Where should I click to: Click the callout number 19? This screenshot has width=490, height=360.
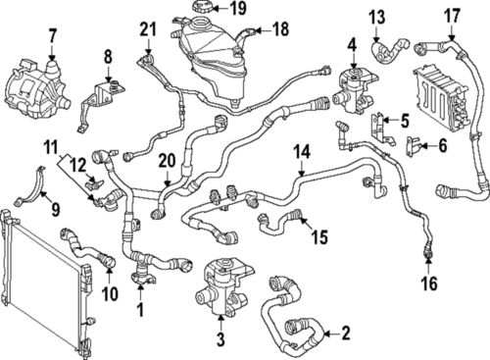[x=238, y=9]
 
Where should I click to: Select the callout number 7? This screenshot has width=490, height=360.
[x=53, y=36]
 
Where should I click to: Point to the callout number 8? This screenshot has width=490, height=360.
[x=108, y=57]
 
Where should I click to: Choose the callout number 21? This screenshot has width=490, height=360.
[x=149, y=29]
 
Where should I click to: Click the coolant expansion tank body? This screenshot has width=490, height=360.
[x=213, y=61]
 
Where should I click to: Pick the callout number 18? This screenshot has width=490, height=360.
[x=280, y=29]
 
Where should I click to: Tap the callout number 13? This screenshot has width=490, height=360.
[x=377, y=17]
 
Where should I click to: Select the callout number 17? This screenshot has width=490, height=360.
[x=453, y=16]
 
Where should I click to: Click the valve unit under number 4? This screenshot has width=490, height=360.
[x=355, y=91]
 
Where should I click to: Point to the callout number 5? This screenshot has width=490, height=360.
[x=405, y=121]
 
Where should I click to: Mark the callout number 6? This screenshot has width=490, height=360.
[x=443, y=145]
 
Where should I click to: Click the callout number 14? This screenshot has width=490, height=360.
[x=302, y=152]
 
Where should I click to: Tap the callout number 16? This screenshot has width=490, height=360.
[x=429, y=283]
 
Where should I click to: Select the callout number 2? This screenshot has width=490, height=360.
[x=345, y=334]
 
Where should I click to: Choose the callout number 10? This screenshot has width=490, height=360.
[x=110, y=293]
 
